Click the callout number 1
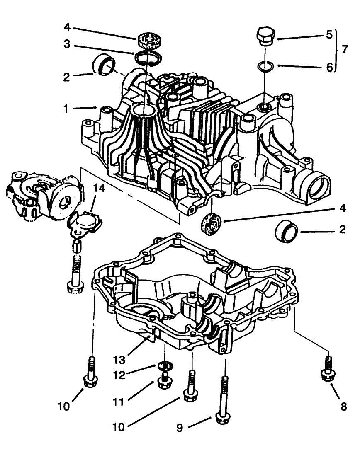coord(66,108)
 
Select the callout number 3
coord(67,44)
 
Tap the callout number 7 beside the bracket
coord(345,49)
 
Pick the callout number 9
coord(180,427)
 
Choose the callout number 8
coord(343,407)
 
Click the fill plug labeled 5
coord(265,37)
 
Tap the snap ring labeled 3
coord(144,58)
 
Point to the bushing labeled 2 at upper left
coord(104,65)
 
